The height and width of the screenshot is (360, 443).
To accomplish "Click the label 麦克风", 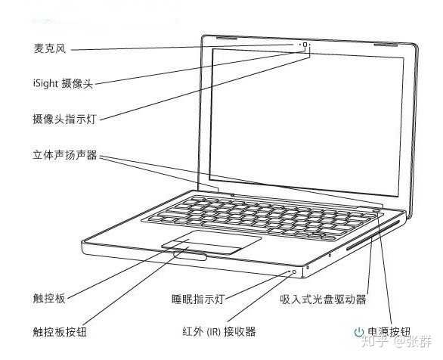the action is point(50,48).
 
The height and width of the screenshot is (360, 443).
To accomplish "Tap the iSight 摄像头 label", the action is point(63,84).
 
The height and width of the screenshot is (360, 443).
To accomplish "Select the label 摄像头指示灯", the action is point(65,119).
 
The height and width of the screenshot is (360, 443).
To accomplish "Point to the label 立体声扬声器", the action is point(65,155).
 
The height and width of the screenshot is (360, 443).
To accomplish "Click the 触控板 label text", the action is point(49,299).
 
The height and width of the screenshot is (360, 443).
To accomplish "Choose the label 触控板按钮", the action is point(60,332).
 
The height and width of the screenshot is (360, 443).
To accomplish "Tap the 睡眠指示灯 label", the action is point(198,299).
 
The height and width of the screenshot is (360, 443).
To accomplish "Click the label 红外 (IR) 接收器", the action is point(219,331).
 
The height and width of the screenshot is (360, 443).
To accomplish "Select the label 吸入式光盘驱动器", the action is point(323,299).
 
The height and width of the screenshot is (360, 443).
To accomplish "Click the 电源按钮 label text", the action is point(389,331).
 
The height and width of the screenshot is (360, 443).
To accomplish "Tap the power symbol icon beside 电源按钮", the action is point(359,332).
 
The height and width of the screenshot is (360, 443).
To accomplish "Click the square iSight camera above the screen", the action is point(305,45).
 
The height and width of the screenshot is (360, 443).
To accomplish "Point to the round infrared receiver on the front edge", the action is point(294,272).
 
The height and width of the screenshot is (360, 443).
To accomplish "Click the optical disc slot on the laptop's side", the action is point(373,235).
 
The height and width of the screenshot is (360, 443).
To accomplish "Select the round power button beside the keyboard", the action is point(377,210).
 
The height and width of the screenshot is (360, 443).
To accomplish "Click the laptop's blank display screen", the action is point(306,122).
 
